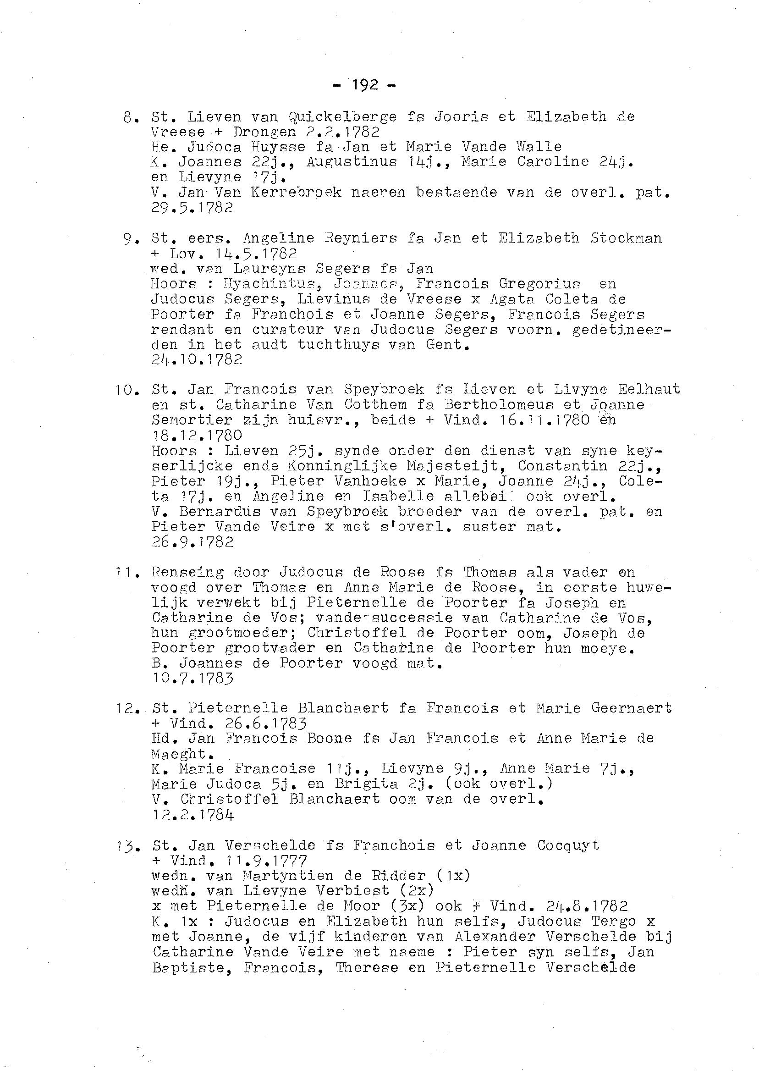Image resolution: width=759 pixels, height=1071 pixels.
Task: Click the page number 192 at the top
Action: (365, 86)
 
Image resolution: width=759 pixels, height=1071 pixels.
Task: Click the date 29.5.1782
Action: (192, 208)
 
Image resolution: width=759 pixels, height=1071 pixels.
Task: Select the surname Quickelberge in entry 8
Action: (342, 117)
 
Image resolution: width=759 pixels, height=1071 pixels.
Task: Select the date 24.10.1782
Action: (197, 359)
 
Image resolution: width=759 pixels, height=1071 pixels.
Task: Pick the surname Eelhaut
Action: (649, 389)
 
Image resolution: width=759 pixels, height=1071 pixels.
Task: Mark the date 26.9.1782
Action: (192, 542)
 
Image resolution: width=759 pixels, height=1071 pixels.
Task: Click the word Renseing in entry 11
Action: (187, 572)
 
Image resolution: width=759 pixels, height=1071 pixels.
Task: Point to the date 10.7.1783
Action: (192, 679)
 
